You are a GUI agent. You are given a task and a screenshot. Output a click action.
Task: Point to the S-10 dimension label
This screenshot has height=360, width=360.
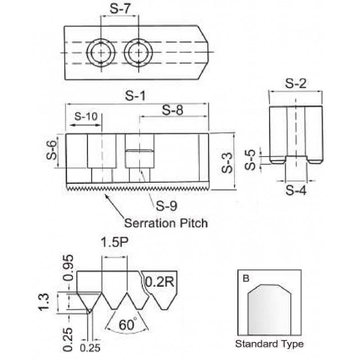tap(85, 116)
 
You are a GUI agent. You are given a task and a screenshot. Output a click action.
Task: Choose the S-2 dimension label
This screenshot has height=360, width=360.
tap(296, 83)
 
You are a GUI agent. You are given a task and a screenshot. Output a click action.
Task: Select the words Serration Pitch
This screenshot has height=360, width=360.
tap(166, 223)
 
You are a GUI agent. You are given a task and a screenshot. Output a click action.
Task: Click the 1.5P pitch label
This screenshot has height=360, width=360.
tap(113, 243)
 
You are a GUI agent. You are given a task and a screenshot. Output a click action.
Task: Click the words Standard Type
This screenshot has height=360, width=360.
tap(269, 344)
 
